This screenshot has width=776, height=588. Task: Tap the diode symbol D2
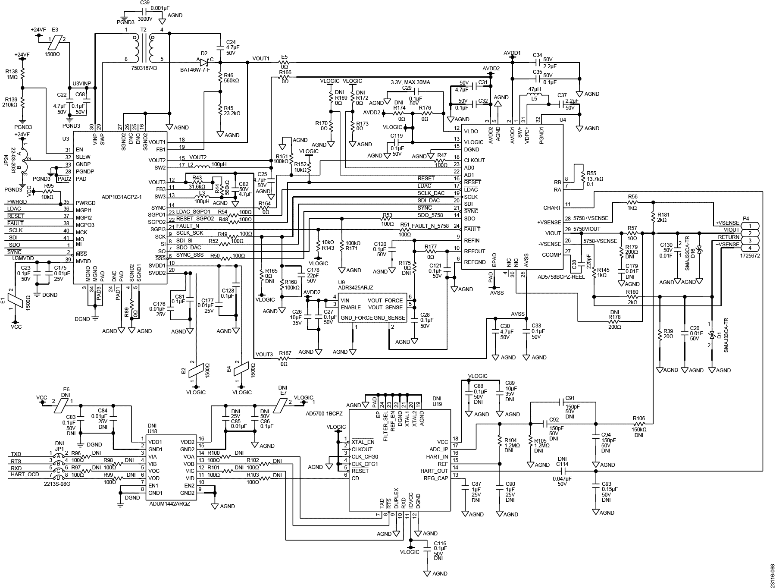point(204,62)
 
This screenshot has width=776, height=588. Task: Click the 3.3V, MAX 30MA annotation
point(410,82)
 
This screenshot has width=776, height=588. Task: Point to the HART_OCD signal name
point(25,475)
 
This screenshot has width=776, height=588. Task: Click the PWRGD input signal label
point(17,201)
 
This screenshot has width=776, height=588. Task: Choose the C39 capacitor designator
point(145,3)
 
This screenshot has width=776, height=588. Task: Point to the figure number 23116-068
point(772,569)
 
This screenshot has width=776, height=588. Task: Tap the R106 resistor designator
point(639,418)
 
